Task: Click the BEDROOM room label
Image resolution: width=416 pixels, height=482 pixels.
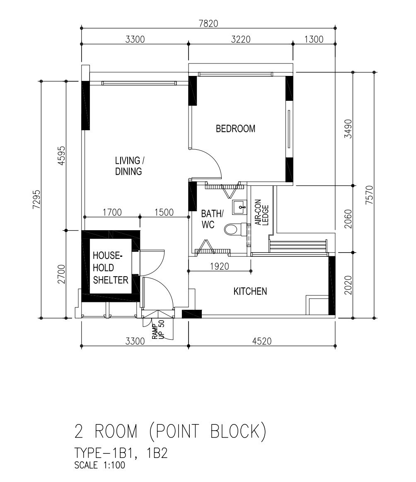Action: [x=235, y=129]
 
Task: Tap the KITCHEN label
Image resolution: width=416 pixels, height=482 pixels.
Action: [x=250, y=292]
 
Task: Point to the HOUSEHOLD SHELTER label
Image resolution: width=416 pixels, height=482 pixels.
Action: [x=110, y=268]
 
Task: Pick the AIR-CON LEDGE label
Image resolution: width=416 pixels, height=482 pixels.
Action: [x=262, y=212]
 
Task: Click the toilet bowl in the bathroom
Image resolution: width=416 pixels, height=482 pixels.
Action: [x=235, y=229]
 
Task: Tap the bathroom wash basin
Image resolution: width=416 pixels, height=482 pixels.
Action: [x=239, y=207]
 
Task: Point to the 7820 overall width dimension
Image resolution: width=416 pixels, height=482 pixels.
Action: [x=208, y=23]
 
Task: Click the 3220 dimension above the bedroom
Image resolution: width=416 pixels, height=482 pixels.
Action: [x=241, y=39]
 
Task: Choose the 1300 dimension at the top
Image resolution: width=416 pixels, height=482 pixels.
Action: [x=314, y=39]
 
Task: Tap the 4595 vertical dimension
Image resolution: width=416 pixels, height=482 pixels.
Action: [x=61, y=156]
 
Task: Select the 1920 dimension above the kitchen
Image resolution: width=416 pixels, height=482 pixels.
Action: [x=220, y=266]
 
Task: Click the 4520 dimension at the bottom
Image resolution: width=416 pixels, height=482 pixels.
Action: [x=262, y=341]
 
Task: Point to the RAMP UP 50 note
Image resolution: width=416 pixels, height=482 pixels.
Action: [x=158, y=330]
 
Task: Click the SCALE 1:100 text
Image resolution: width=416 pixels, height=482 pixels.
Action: [x=100, y=465]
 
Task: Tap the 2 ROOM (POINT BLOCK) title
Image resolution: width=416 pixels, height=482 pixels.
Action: [x=170, y=431]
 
